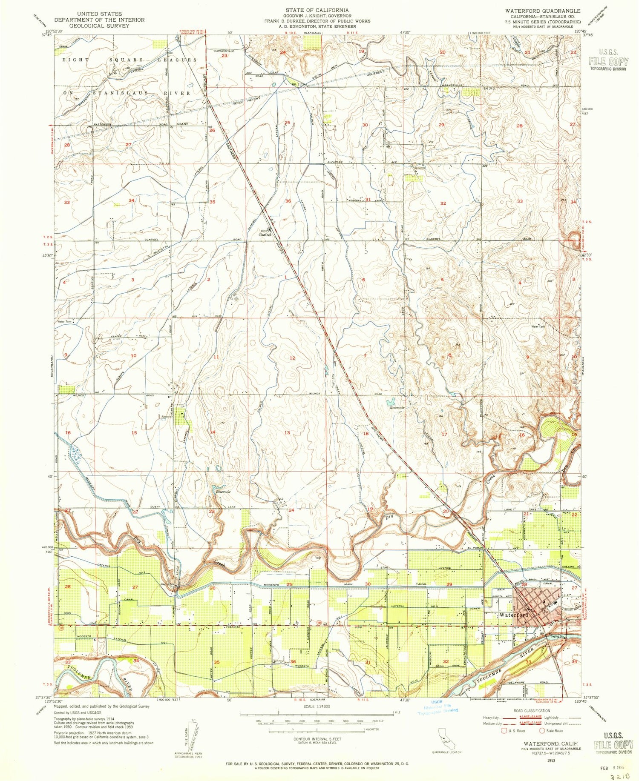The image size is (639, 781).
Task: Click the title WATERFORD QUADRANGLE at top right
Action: (542, 10)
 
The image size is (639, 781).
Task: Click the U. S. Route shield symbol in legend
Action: (505, 731)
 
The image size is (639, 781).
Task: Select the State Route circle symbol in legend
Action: (542, 731)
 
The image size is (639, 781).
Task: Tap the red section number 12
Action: (292, 358)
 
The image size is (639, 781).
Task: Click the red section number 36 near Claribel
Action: (288, 201)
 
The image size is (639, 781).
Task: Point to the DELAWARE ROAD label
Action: (524, 682)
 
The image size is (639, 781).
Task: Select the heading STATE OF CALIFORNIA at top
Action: (317, 10)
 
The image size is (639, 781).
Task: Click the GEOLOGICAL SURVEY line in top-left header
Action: (98, 26)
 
